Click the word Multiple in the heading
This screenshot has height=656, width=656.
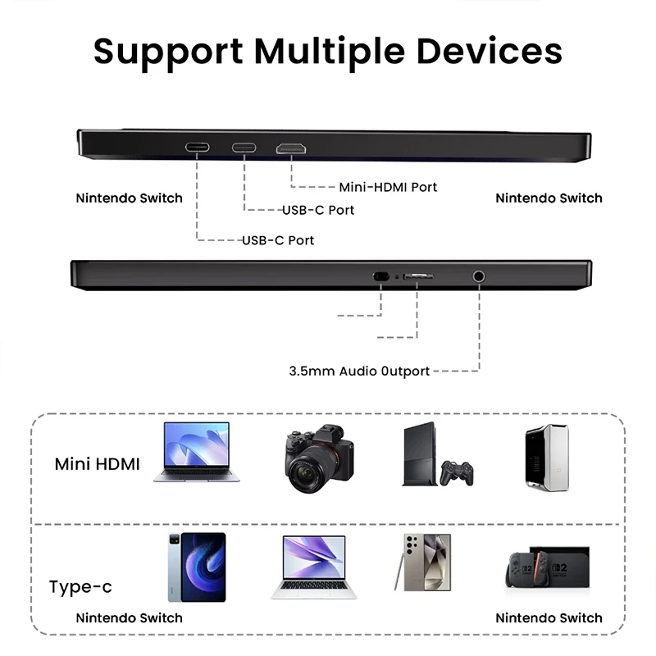[330, 52]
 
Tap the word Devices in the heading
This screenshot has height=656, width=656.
[490, 51]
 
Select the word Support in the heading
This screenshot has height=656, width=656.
[168, 52]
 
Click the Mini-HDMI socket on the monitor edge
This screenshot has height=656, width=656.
[291, 148]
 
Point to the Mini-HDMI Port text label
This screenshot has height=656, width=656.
[388, 187]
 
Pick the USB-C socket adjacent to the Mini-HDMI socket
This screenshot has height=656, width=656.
[244, 148]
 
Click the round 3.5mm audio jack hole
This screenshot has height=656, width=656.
[479, 276]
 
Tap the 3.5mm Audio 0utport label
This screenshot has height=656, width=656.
[359, 371]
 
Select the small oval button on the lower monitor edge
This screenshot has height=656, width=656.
[380, 276]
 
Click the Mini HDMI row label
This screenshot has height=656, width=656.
[97, 464]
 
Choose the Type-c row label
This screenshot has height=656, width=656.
[80, 586]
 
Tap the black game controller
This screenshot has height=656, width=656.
[457, 473]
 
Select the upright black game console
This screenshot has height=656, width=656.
[419, 454]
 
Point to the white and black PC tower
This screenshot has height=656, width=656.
[547, 457]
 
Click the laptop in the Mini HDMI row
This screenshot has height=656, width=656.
[197, 452]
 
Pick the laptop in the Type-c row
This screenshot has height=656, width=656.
[314, 567]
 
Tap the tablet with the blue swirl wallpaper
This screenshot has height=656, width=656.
[197, 567]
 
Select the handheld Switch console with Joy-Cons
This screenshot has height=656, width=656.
[527, 570]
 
